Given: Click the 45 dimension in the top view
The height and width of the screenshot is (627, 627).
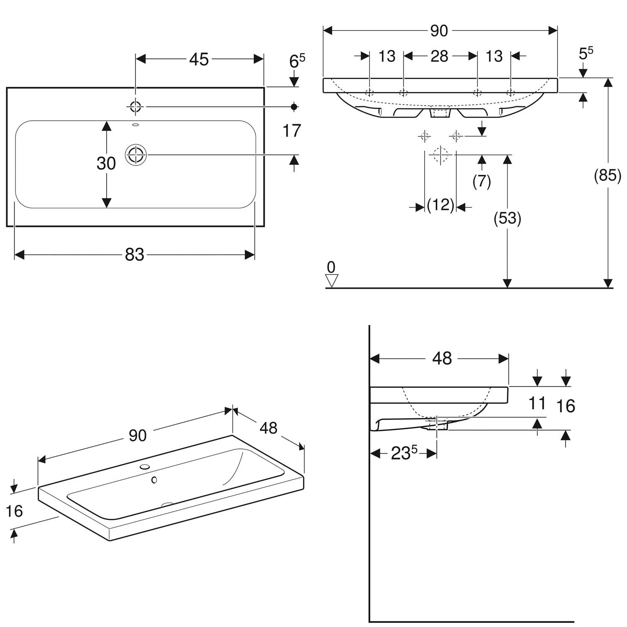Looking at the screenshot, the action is click(x=199, y=59).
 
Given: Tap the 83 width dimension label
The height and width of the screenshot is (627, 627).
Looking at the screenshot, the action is click(x=135, y=254).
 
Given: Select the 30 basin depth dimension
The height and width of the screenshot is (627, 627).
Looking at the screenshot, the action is click(x=106, y=163).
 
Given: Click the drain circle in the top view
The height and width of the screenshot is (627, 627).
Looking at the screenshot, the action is click(x=136, y=155).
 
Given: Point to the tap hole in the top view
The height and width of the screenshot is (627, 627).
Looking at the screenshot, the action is click(x=136, y=107).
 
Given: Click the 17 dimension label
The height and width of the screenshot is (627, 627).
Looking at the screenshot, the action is click(x=292, y=131).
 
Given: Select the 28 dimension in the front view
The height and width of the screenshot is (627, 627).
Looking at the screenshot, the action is click(x=439, y=56).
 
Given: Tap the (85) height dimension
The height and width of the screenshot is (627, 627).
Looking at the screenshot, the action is click(x=607, y=175).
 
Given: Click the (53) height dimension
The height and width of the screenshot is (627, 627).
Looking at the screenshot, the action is click(x=507, y=218).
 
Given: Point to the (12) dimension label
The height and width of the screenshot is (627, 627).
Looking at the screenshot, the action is click(x=441, y=205).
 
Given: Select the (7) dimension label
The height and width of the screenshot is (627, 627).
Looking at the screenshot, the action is click(x=482, y=181).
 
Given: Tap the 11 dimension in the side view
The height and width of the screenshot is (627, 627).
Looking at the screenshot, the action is click(x=537, y=403).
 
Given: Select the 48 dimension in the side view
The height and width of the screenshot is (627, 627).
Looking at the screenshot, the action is click(x=442, y=358).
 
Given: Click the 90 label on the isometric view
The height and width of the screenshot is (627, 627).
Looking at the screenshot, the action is click(x=138, y=436).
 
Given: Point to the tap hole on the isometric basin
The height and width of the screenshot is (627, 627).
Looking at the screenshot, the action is click(x=145, y=466).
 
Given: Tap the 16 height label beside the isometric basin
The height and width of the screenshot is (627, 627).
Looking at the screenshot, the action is click(x=14, y=511).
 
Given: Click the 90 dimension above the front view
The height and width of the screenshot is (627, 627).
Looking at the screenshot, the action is click(x=439, y=31).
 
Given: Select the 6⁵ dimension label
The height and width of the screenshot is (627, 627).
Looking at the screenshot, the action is click(x=297, y=61).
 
